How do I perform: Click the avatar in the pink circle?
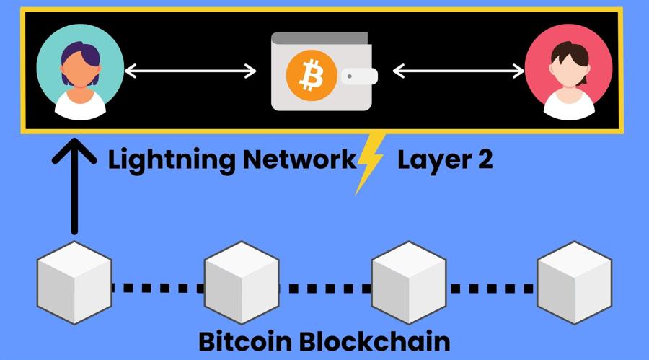click(x=568, y=72)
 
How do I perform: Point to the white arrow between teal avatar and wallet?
click(x=190, y=71)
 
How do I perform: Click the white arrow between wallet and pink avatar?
click(x=458, y=71)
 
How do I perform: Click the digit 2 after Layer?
click(x=484, y=160)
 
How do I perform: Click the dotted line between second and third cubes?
click(x=324, y=289)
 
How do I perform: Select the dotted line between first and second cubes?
click(x=157, y=289)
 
